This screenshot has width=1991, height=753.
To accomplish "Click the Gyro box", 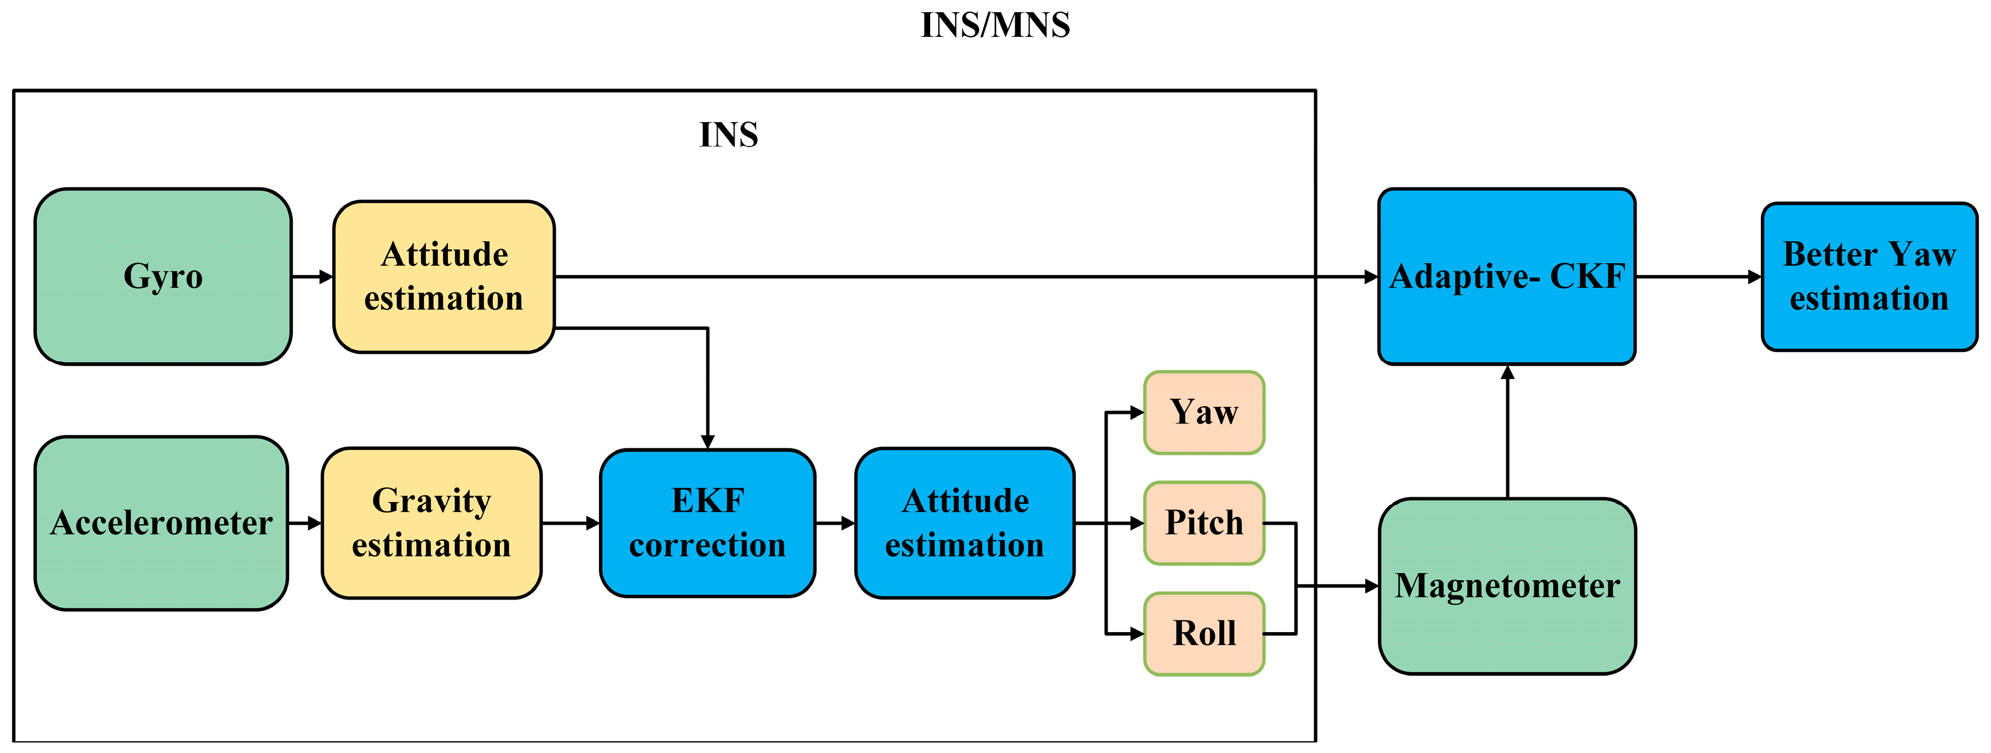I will (x=163, y=276).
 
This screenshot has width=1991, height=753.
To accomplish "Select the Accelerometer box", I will (x=162, y=524).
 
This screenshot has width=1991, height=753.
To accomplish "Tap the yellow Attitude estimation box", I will (x=444, y=276).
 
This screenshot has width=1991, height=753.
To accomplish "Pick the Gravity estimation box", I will (x=431, y=524).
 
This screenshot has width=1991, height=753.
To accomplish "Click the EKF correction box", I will (x=707, y=524).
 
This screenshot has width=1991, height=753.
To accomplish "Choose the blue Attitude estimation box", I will (x=965, y=524).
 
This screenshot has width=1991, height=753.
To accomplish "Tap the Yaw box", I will (x=1203, y=412).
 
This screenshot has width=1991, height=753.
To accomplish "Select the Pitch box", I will (x=1203, y=524).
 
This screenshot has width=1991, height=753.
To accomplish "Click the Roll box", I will (x=1203, y=634).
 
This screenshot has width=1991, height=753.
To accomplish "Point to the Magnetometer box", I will (x=1507, y=586).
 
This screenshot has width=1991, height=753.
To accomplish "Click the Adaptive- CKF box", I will (x=1506, y=276).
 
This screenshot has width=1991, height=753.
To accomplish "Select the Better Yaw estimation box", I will (x=1869, y=276).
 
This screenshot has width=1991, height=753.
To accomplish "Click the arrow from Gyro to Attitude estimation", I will (x=312, y=277).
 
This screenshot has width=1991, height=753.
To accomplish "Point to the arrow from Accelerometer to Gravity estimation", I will (x=305, y=524).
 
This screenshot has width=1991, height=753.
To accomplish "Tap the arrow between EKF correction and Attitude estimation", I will (x=835, y=524).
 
